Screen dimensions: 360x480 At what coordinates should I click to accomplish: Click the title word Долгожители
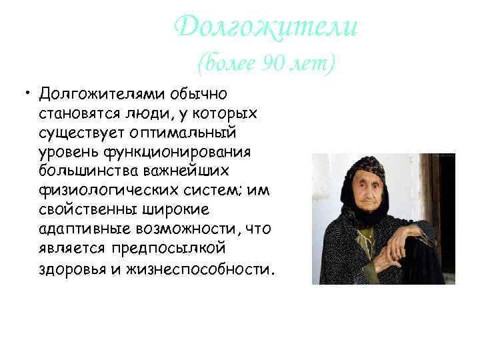pos(265,27)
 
